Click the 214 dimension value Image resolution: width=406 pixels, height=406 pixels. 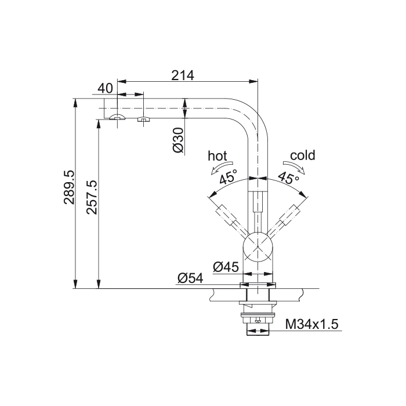point(183,75)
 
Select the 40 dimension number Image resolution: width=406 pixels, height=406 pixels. point(106,88)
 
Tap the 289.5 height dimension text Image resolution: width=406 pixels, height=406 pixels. point(69,187)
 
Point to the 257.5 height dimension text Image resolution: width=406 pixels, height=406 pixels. point(92,197)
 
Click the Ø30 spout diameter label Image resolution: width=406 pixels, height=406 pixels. point(178,140)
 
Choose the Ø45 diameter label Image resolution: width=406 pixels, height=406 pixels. point(226,267)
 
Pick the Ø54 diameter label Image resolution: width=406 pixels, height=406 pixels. point(190,278)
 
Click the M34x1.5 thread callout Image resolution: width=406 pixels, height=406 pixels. point(312,324)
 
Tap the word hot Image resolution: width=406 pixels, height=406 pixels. point(217,156)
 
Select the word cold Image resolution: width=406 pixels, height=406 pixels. point(303,155)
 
